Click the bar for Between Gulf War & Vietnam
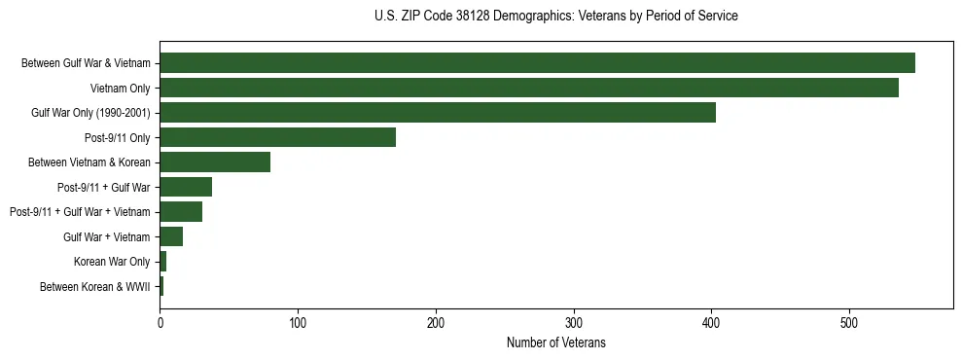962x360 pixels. coord(537,63)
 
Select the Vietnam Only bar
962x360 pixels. coord(529,88)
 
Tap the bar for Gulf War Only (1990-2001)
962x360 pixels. coord(438,112)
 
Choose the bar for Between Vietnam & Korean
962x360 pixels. coord(215,162)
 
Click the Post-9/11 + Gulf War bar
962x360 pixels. coord(186,187)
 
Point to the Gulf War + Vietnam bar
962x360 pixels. coord(171,236)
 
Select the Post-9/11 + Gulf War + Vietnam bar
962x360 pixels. coord(181,211)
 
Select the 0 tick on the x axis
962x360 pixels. coord(160,323)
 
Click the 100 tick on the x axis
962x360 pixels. coord(298,323)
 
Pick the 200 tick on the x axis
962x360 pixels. coord(436,323)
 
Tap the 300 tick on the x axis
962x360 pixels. coord(574,323)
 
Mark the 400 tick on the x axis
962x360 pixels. coord(711,323)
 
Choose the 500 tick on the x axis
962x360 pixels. coord(849,323)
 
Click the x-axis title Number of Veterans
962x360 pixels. coord(555,342)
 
